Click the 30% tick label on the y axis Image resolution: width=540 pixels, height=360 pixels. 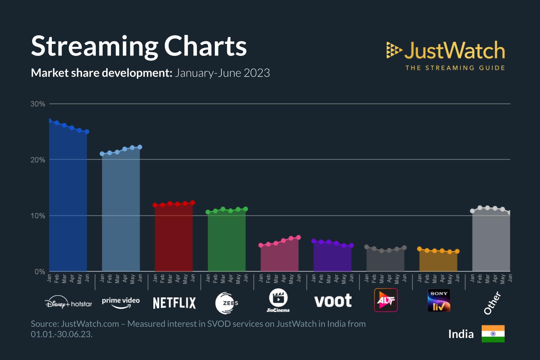(x=38, y=104)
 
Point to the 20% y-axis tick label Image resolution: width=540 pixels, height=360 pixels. (x=38, y=160)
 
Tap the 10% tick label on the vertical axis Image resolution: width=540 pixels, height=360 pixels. (x=38, y=216)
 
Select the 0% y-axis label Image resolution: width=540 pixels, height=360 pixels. (x=40, y=272)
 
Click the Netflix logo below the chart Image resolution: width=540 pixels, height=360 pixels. (x=175, y=303)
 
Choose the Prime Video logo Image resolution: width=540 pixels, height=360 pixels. (x=121, y=302)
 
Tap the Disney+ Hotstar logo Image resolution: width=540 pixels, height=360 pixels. (x=68, y=303)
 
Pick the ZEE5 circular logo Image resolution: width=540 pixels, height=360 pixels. (x=227, y=303)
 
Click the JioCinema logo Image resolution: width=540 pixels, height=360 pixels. (x=278, y=300)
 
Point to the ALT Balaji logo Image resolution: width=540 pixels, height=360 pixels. (x=386, y=300)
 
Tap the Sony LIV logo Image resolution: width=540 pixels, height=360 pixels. (x=439, y=300)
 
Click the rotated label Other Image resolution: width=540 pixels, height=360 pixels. (x=492, y=303)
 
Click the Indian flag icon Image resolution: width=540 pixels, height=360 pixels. (x=493, y=334)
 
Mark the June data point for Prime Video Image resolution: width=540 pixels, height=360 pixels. (x=140, y=147)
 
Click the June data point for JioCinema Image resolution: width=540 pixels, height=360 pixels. (x=298, y=238)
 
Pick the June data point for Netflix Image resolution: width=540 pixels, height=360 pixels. (x=193, y=203)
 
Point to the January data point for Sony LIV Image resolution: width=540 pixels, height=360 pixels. (x=419, y=249)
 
